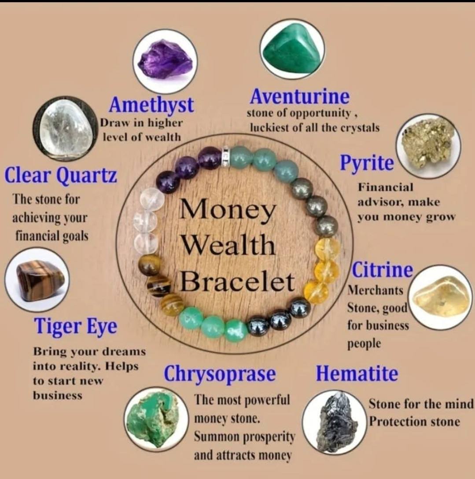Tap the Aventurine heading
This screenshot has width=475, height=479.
(299, 96)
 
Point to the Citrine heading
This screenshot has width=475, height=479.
(383, 270)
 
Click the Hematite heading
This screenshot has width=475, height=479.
(357, 373)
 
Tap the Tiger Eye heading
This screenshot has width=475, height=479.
(75, 326)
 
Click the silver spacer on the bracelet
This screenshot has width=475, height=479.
(226, 156)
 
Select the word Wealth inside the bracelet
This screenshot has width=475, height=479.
(228, 246)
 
